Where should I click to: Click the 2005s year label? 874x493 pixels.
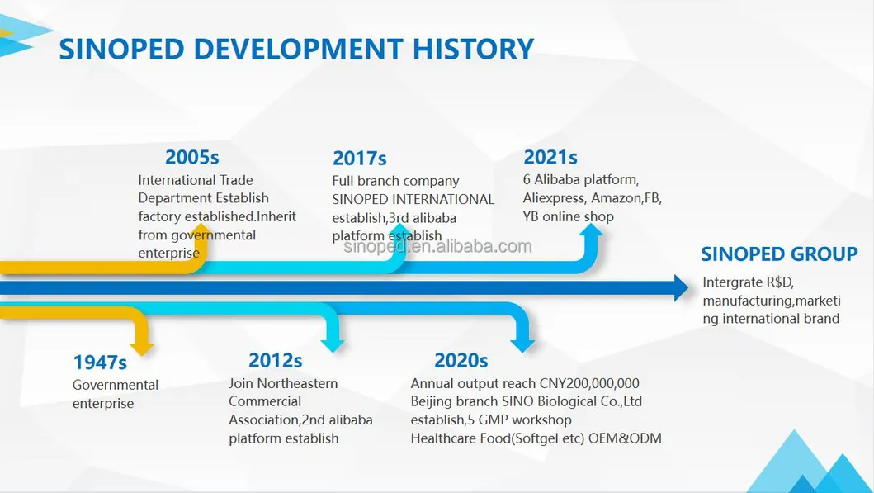(x=191, y=157)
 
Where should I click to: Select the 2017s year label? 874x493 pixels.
(x=360, y=159)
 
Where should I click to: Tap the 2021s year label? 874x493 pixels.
(x=550, y=157)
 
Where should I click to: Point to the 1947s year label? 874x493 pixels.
(x=101, y=363)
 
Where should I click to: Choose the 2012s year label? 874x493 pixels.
(x=276, y=360)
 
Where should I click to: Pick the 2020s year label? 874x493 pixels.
(x=461, y=360)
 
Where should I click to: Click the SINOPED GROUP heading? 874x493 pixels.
(x=779, y=254)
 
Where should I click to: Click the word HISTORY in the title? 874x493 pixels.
(x=473, y=49)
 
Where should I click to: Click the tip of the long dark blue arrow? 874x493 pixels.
(x=689, y=287)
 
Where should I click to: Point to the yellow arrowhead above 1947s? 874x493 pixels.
(x=142, y=347)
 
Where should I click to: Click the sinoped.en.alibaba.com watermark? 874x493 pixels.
(x=437, y=246)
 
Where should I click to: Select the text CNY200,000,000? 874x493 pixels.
(x=589, y=384)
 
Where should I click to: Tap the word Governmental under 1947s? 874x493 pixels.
(x=116, y=385)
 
